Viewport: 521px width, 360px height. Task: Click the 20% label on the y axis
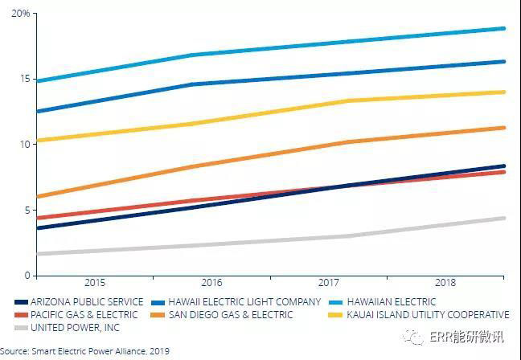(20, 14)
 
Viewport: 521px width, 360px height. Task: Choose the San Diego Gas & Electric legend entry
(233, 314)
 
